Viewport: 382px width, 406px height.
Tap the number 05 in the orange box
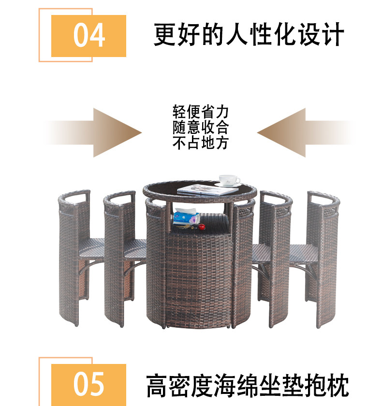click(89, 384)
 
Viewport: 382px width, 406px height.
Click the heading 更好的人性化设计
click(249, 35)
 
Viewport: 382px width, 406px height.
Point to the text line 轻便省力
click(200, 112)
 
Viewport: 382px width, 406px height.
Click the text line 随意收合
click(200, 128)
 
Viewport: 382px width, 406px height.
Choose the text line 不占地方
click(200, 143)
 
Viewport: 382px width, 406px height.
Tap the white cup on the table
click(229, 180)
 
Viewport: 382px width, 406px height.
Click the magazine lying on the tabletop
click(201, 189)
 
